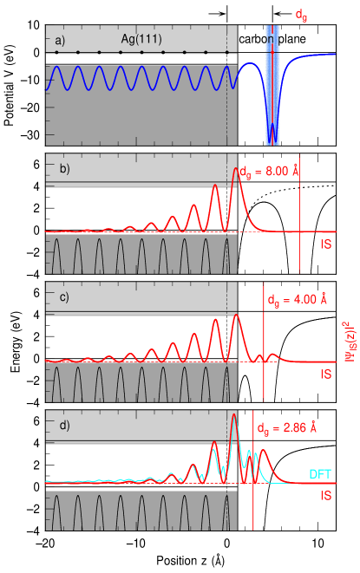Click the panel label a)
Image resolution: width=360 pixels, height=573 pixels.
coord(60,40)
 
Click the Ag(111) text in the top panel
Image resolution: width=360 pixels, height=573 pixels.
coord(141,40)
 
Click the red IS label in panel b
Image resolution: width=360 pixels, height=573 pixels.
coord(325,244)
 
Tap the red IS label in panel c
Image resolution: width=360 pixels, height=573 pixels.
coord(325,374)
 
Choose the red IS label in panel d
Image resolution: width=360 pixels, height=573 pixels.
coord(325,497)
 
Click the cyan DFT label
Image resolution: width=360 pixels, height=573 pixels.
coord(320,474)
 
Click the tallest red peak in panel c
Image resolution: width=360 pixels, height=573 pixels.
coord(235,315)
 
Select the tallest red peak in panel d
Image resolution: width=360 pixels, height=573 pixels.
coord(233,416)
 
